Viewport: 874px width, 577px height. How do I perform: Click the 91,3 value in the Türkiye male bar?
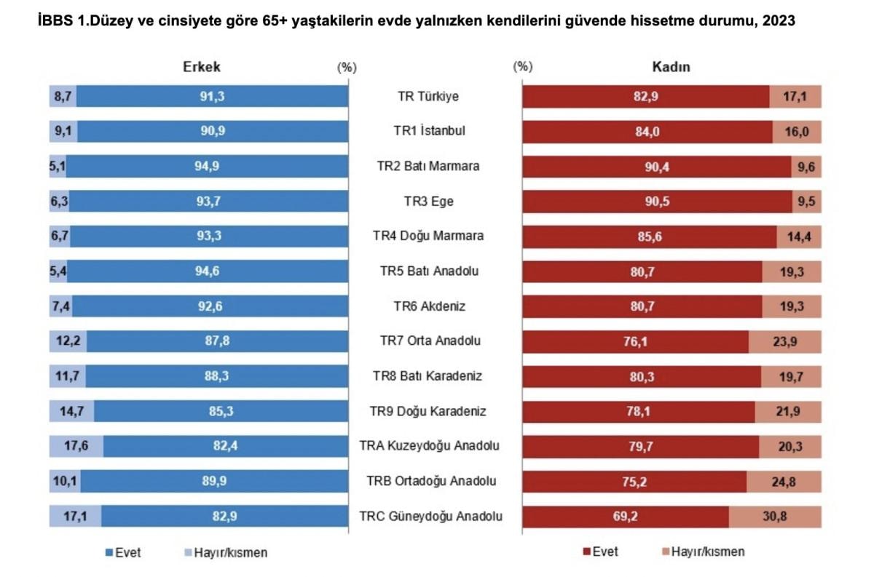(x=212, y=96)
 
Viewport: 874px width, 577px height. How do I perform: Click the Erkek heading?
(x=200, y=66)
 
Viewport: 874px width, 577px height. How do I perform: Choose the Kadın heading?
(x=670, y=67)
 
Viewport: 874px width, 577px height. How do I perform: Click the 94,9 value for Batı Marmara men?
(x=207, y=166)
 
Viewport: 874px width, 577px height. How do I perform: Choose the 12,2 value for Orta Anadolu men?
(x=67, y=341)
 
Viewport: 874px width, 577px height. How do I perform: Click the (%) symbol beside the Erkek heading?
(x=346, y=67)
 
